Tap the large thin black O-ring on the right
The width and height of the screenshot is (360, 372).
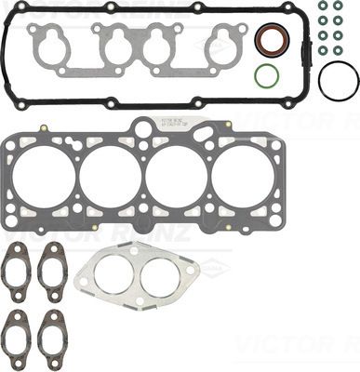pos(338,81)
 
